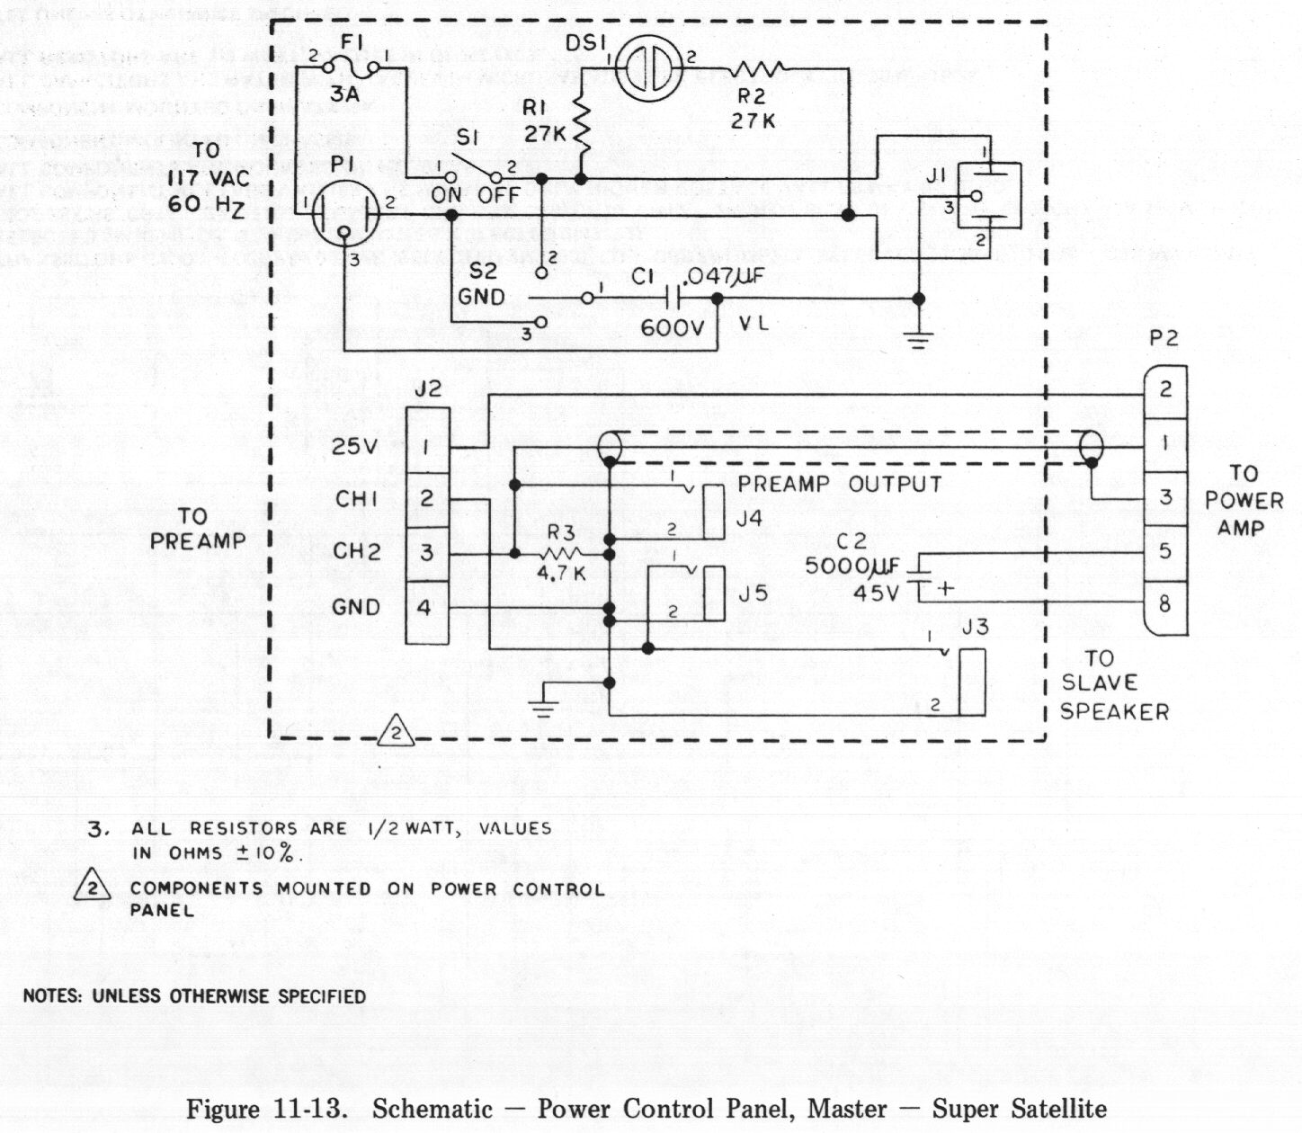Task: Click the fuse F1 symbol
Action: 350,65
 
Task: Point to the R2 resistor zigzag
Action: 758,68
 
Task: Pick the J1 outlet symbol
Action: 988,196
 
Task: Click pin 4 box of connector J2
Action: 426,608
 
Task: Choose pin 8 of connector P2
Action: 1164,604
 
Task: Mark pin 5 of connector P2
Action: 1164,550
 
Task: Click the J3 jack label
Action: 975,627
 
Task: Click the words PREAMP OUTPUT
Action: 839,484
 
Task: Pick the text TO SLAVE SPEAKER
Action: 1113,685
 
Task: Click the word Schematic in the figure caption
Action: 432,1108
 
